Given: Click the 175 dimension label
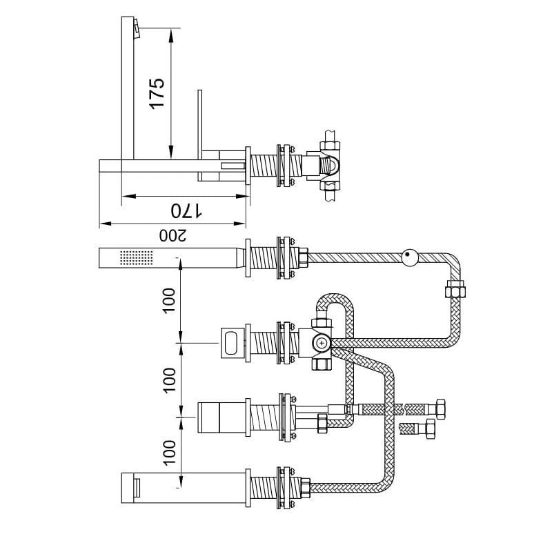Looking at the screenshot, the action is click(157, 93).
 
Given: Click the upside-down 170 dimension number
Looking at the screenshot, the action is click(186, 211).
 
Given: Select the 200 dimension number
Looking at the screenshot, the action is click(173, 235).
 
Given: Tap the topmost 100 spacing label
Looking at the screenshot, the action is click(169, 300).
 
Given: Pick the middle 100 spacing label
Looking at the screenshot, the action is click(169, 380).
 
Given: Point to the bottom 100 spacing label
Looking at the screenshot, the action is click(169, 453).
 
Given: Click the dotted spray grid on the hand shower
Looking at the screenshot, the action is click(137, 257).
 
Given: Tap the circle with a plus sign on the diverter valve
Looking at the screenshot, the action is click(322, 342).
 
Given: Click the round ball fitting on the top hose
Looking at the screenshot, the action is click(410, 257).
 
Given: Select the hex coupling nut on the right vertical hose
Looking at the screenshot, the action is click(455, 288).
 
